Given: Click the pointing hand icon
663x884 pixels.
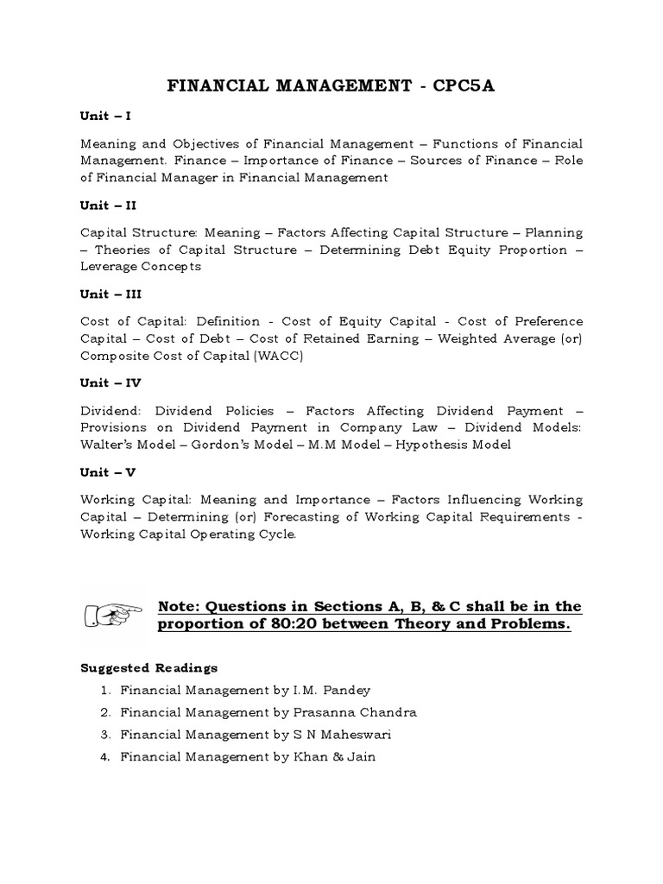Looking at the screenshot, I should point(113,616).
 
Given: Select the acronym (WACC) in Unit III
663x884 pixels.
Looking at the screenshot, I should point(277,356).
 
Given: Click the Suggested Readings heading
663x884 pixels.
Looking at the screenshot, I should point(148,668).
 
